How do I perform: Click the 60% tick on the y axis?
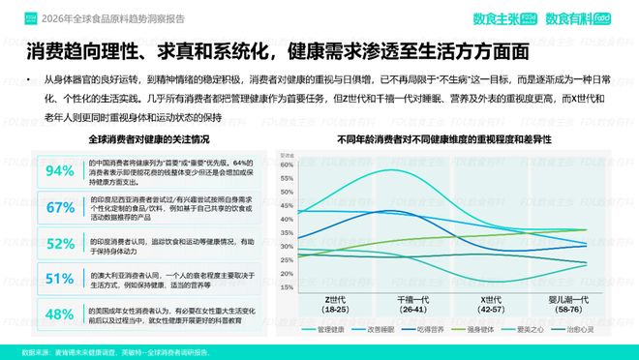(286, 164)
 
